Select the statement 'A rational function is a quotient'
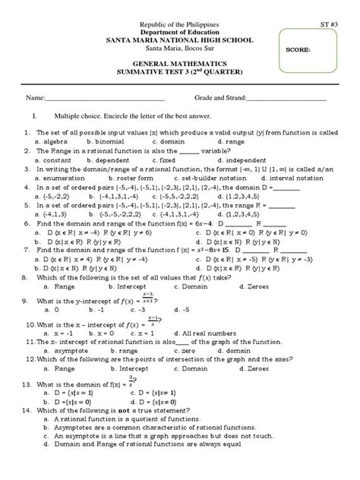click(x=141, y=418)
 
